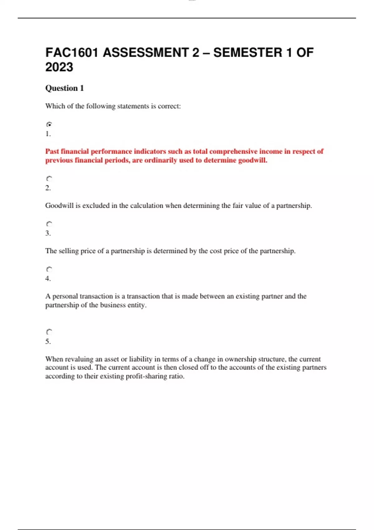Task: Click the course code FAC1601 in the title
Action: tap(72, 52)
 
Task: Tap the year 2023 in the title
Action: tap(59, 67)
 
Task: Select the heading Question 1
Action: tap(65, 88)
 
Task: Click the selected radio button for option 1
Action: tap(49, 124)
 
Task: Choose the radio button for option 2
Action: tap(49, 179)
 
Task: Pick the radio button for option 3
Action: tap(49, 224)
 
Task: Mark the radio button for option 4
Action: tap(49, 269)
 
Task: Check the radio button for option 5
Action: tap(49, 332)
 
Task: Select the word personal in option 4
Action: tap(65, 296)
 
